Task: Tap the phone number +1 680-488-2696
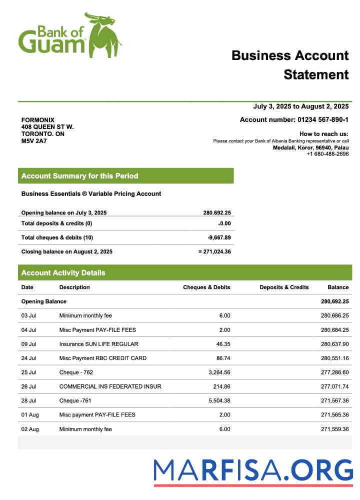tap(327, 154)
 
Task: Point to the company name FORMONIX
tap(38, 120)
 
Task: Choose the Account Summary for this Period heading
tap(80, 176)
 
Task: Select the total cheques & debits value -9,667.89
tap(219, 237)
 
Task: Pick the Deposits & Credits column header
tap(284, 287)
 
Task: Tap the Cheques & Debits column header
tap(206, 287)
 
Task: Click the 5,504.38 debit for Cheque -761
tap(218, 400)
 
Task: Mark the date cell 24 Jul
tap(28, 358)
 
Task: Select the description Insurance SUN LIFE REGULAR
tap(98, 344)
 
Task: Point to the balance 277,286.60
tap(334, 372)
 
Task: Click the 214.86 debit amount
tap(220, 386)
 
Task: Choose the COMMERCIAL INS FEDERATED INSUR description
tap(110, 386)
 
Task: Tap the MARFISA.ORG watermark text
tap(253, 471)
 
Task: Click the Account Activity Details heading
tap(63, 273)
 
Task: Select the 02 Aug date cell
tap(29, 429)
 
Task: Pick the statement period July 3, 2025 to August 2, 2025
tap(300, 106)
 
